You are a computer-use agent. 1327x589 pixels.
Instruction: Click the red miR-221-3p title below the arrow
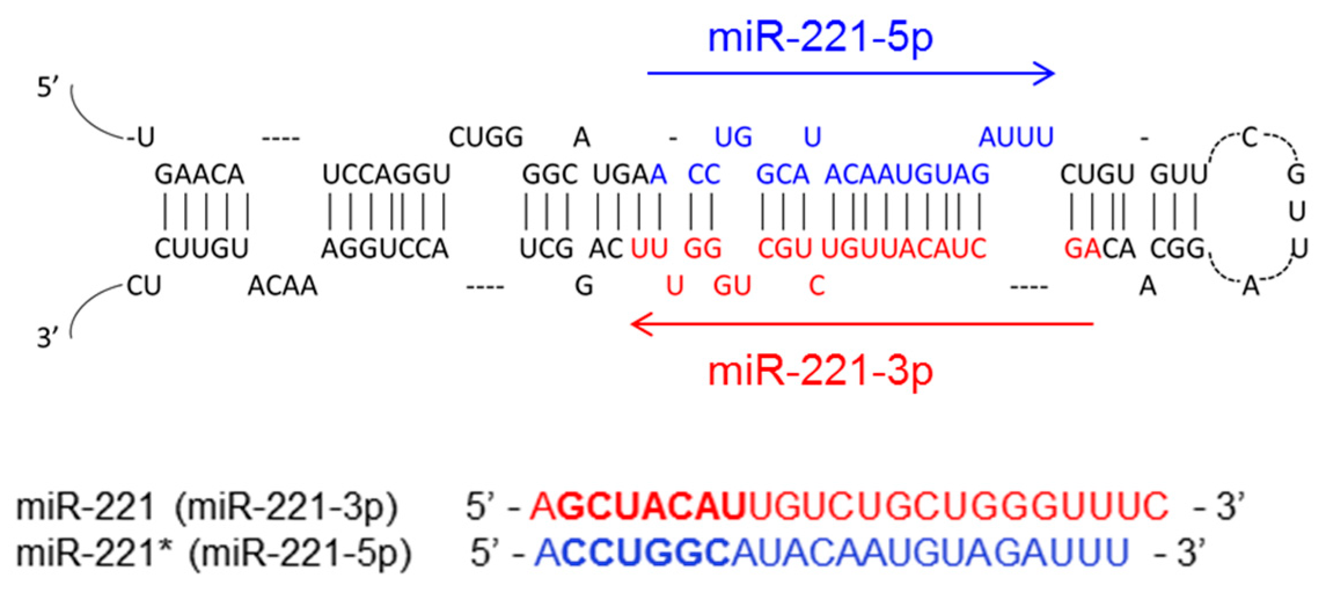tap(820, 372)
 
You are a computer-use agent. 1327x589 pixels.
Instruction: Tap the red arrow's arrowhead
tap(639, 324)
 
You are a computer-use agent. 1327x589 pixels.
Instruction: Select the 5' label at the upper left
tap(48, 88)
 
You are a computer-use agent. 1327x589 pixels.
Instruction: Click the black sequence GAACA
tap(199, 174)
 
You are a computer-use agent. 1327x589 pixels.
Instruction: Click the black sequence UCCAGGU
tap(386, 174)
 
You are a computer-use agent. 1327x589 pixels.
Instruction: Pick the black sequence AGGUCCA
tap(385, 249)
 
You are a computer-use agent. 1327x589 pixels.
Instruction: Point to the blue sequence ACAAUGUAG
tap(907, 174)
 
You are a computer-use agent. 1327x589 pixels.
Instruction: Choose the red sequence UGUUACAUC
tap(904, 249)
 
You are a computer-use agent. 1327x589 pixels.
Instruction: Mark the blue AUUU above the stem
tap(1016, 138)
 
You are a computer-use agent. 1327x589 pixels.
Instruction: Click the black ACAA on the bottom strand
tap(283, 286)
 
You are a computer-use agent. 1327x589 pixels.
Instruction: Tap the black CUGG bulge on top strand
tap(486, 138)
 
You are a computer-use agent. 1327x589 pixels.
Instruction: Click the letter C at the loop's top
tap(1250, 138)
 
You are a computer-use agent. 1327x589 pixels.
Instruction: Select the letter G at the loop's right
tap(1296, 174)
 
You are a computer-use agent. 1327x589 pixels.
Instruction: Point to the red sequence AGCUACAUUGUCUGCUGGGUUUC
tap(849, 506)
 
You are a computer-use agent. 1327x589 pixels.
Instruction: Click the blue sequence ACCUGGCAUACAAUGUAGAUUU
tap(831, 553)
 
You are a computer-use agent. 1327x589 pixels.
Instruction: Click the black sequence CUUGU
tap(201, 249)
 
